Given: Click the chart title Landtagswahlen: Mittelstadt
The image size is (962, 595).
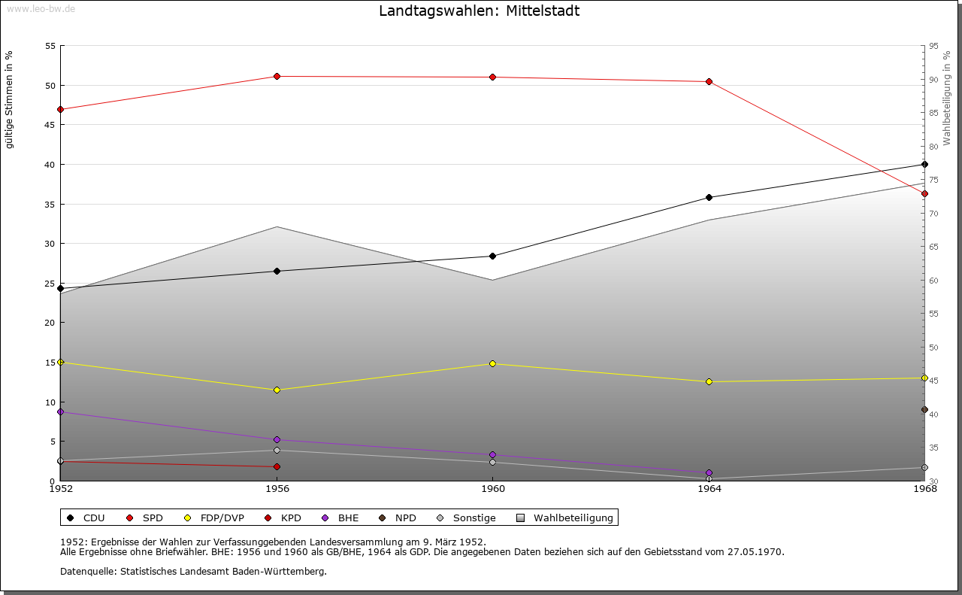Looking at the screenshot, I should click(x=479, y=11).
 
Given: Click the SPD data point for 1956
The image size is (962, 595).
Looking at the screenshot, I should click(x=277, y=76).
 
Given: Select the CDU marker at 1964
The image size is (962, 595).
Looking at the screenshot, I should click(x=709, y=197).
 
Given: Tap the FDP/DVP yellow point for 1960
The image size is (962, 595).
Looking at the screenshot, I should click(x=492, y=363).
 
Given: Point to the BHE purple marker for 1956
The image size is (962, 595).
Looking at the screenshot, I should click(x=277, y=439).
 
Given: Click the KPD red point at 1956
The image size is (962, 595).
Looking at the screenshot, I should click(x=277, y=466).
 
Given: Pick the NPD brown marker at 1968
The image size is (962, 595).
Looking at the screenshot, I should click(x=924, y=410).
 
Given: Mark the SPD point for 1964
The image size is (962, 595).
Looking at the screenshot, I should click(x=709, y=81).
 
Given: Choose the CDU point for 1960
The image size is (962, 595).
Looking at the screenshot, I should click(x=492, y=256).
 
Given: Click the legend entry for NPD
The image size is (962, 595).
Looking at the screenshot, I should click(x=399, y=518).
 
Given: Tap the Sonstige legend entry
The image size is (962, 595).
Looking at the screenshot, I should click(x=467, y=518).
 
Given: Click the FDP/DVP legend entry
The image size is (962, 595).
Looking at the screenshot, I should click(x=215, y=518).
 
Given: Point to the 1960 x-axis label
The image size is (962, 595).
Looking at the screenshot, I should click(x=492, y=489).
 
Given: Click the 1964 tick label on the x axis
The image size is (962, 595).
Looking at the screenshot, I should click(x=709, y=489).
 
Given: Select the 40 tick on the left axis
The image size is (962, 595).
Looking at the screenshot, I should click(x=50, y=165).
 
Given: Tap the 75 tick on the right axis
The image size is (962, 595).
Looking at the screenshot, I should click(x=933, y=180).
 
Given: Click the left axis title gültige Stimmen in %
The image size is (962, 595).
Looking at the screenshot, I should click(x=10, y=99).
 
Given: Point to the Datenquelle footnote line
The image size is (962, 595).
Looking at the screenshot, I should click(x=193, y=572).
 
